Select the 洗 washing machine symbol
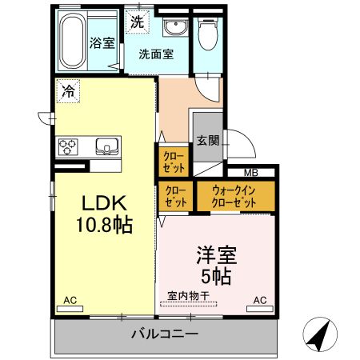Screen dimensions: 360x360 137,22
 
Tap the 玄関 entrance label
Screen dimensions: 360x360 207,141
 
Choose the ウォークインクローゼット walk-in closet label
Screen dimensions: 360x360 234,197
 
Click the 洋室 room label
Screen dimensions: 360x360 216,258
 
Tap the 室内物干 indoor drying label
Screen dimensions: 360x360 188,295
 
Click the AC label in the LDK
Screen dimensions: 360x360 70,301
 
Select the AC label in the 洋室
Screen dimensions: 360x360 259,301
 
